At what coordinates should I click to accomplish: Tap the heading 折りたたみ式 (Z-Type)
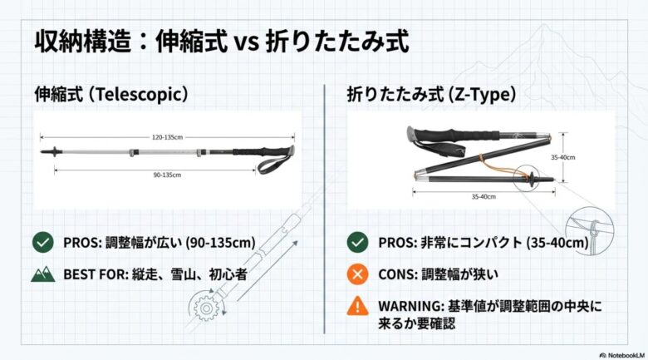(x=432, y=95)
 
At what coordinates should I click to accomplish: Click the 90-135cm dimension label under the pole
(x=168, y=175)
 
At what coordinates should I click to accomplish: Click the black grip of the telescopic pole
(x=253, y=151)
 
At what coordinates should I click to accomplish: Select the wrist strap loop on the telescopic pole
(x=274, y=162)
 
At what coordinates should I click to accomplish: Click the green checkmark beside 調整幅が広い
(x=43, y=243)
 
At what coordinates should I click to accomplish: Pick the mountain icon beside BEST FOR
(x=43, y=274)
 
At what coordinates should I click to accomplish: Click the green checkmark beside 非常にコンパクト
(x=357, y=243)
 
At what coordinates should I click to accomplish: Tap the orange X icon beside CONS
(x=357, y=274)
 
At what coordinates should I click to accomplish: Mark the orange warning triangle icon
(x=357, y=306)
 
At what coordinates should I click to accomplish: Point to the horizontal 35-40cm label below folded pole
(x=479, y=196)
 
